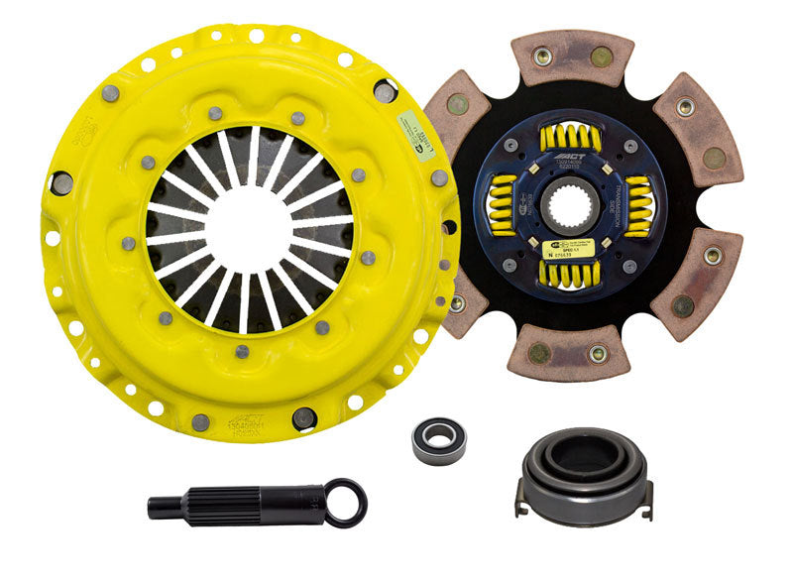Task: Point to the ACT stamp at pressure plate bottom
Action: point(249,424)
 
